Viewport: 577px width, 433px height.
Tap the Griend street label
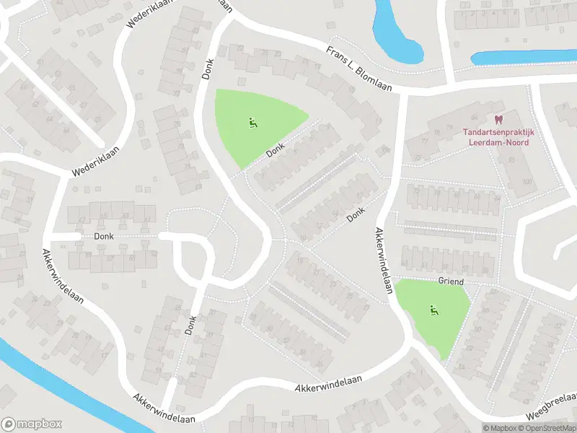coord(450,281)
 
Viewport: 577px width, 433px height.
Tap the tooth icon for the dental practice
coord(497,120)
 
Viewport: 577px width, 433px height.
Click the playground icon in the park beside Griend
coord(433,311)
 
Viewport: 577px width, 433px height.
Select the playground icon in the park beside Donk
coord(252,123)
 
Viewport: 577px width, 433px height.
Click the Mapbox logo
coord(32,424)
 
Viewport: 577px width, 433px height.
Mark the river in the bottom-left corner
coord(29,375)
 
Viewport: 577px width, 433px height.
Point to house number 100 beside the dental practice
coord(527,180)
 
